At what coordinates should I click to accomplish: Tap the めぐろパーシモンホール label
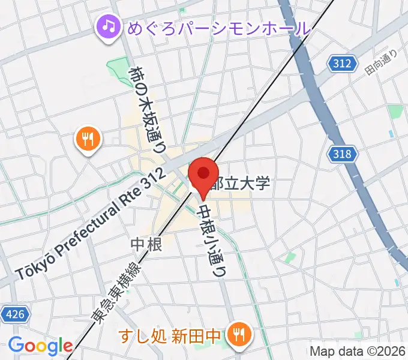coord(219,27)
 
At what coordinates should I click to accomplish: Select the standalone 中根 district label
coord(146,244)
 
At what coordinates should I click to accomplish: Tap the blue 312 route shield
coord(341,62)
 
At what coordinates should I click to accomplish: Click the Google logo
coord(40,346)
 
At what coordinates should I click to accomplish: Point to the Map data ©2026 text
coord(358,350)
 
